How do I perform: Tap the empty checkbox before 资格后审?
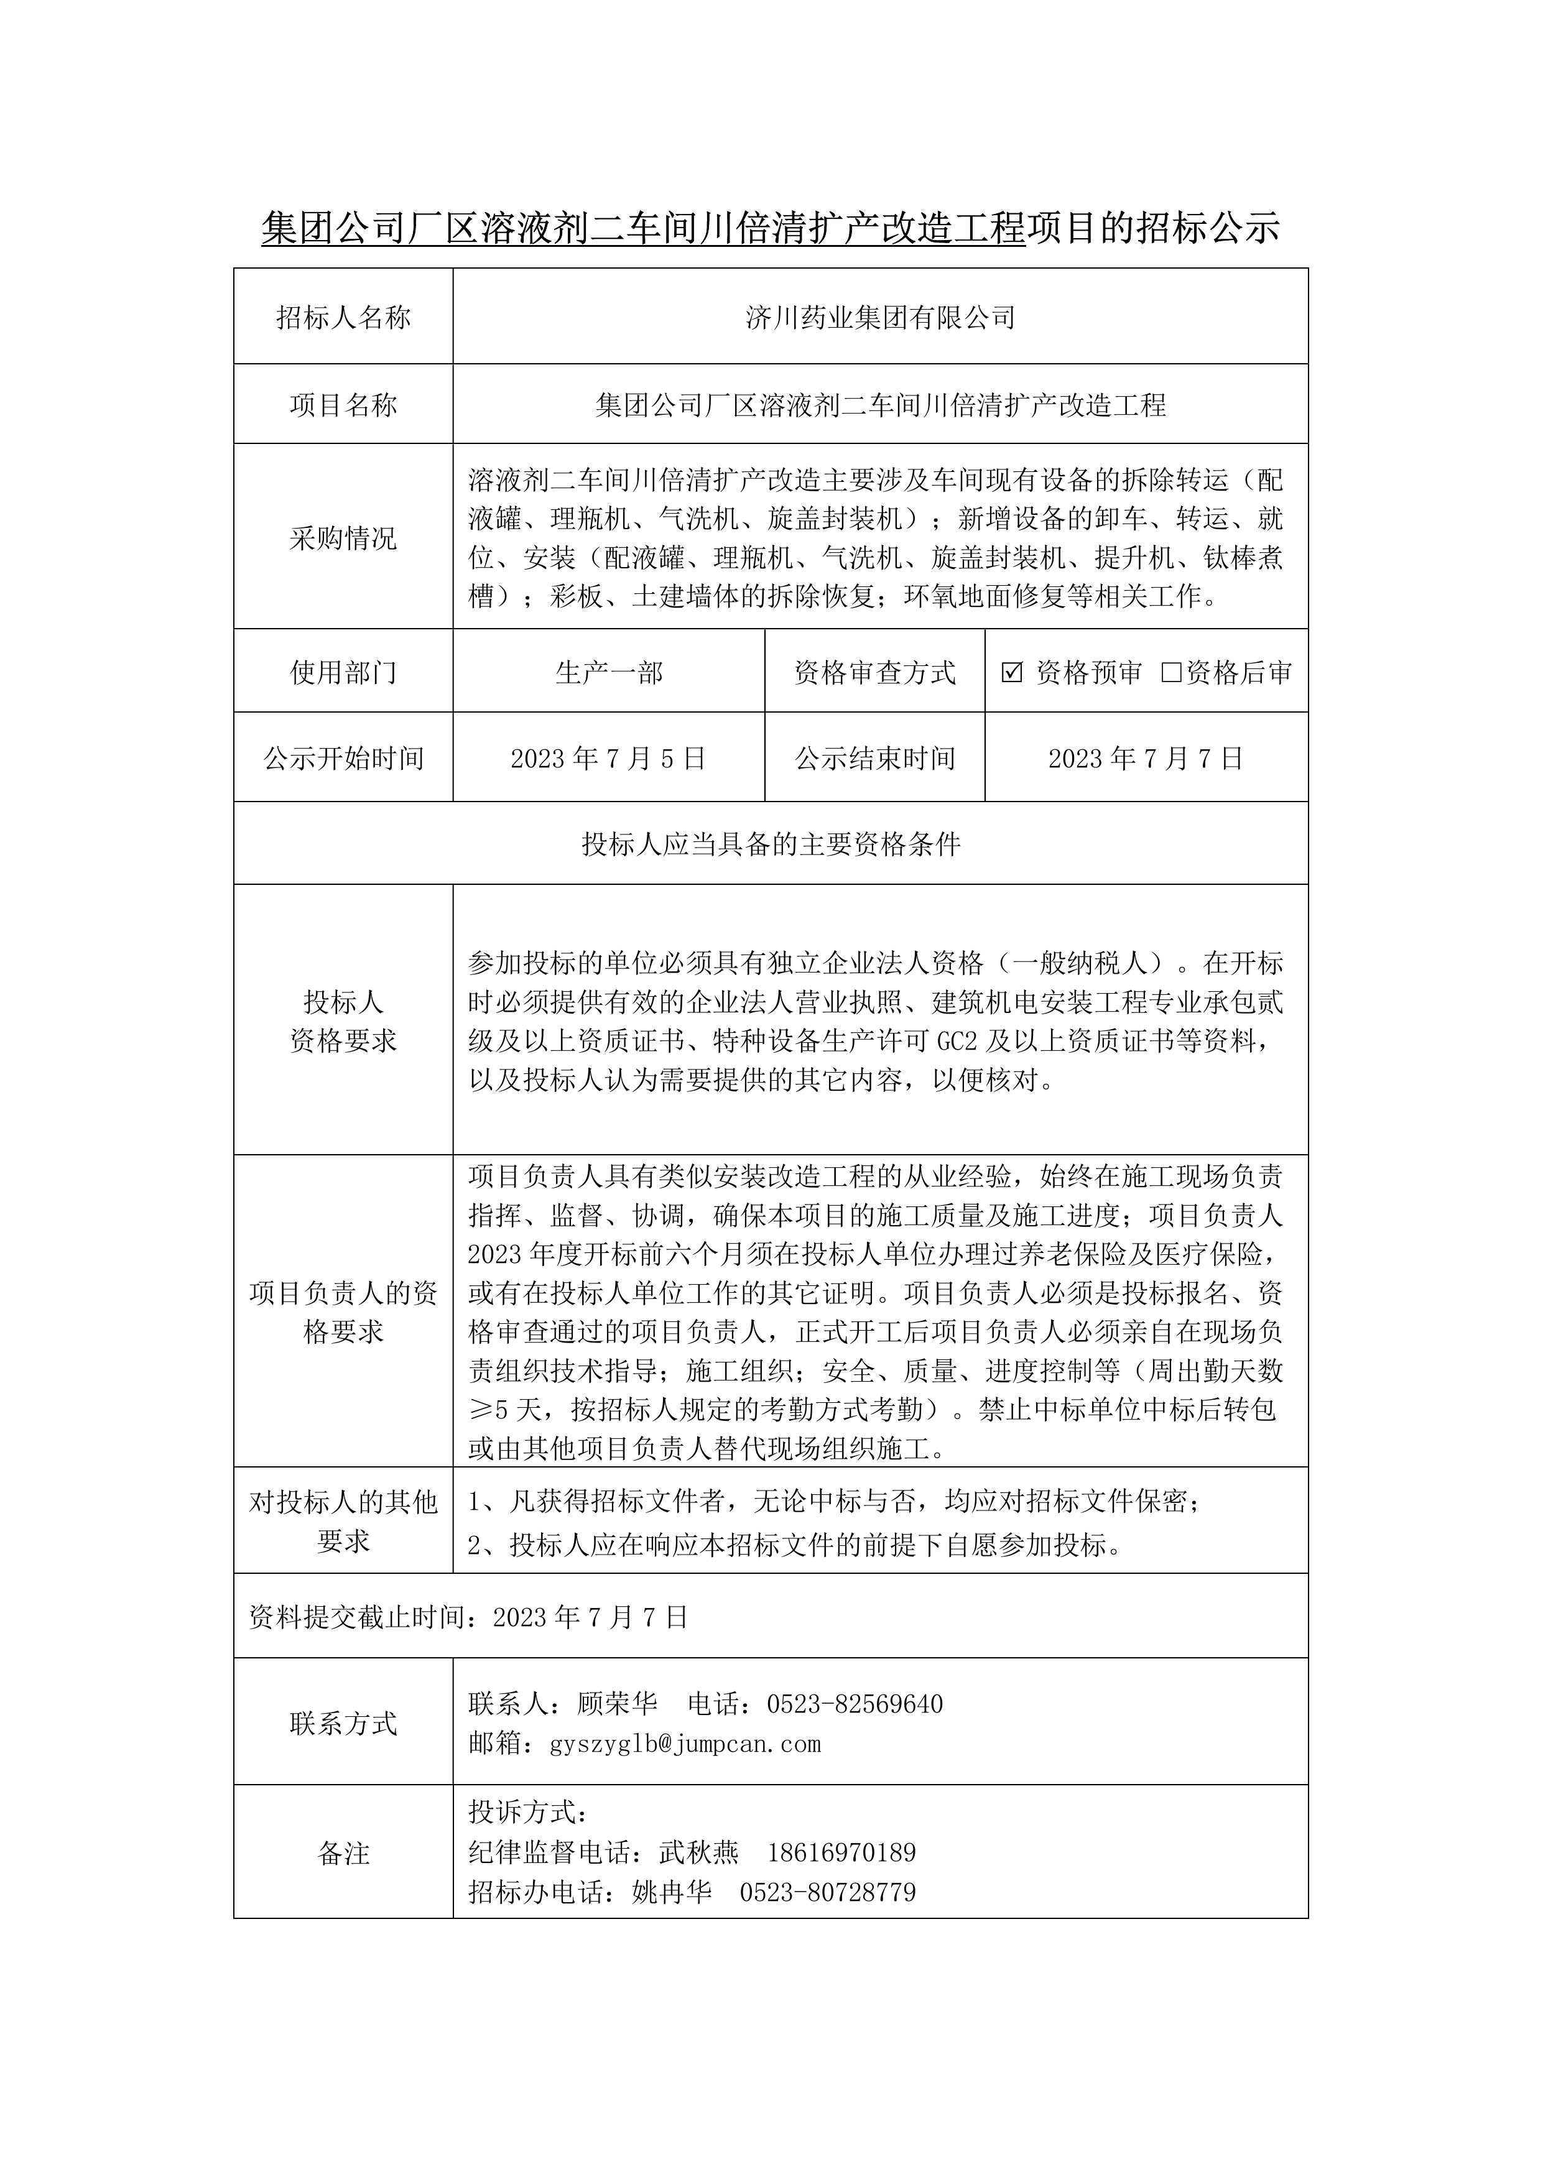point(1171,673)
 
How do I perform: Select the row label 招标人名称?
point(343,317)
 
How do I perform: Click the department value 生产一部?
point(608,673)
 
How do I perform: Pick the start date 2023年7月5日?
point(608,759)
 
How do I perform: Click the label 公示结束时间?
point(874,759)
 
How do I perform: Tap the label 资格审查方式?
point(874,673)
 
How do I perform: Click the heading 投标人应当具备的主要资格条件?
point(771,844)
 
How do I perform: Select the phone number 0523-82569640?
point(855,1704)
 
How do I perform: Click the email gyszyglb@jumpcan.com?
point(685,1744)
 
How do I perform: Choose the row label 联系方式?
point(343,1724)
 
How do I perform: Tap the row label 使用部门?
point(343,673)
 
